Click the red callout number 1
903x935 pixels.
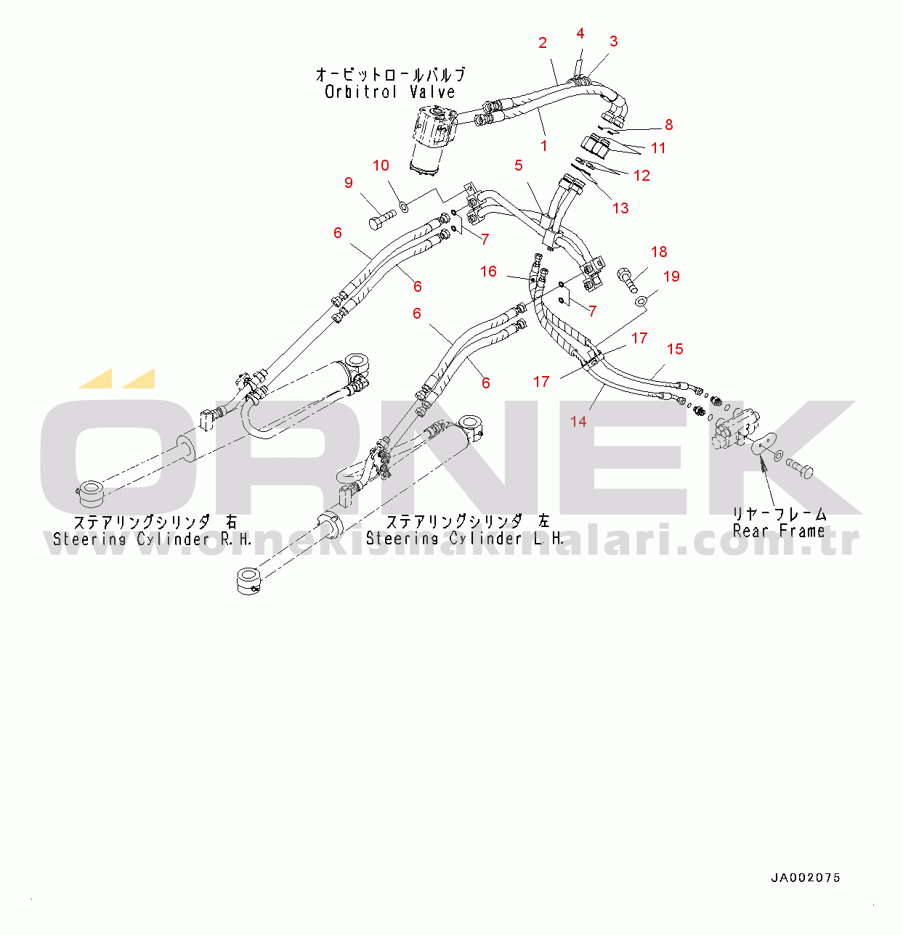544,146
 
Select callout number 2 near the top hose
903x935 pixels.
543,43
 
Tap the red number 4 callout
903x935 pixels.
580,33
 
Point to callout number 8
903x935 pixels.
669,124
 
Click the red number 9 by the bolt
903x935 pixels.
349,183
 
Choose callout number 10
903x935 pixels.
381,166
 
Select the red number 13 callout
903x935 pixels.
620,208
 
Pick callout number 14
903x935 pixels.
578,421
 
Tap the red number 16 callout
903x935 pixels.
488,271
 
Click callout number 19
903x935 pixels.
671,277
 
